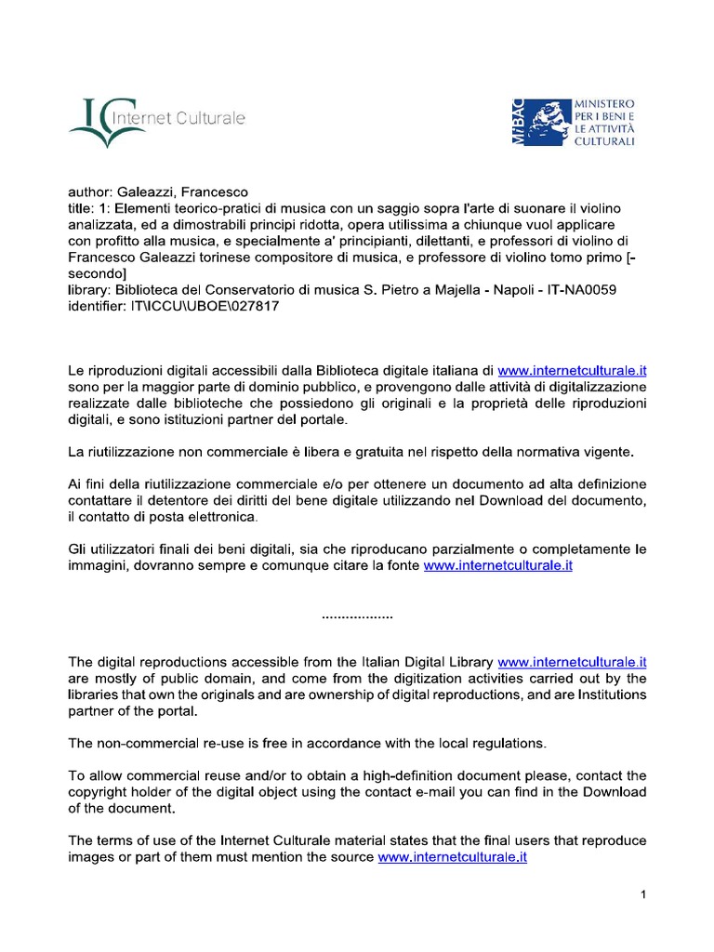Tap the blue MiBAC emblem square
[x=543, y=122]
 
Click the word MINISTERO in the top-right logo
[x=605, y=101]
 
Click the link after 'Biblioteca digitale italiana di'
[x=572, y=370]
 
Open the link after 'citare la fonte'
[x=497, y=564]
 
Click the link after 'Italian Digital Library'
[x=572, y=662]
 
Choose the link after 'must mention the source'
[x=452, y=857]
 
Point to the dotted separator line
[x=357, y=616]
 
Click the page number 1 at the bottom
[x=642, y=895]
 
